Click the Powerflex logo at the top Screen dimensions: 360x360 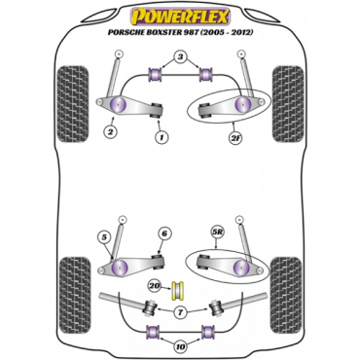tap(180, 18)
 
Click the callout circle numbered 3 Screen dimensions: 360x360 tap(180, 57)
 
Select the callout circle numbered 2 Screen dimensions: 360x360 tap(111, 131)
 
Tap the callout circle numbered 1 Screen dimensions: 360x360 tap(161, 138)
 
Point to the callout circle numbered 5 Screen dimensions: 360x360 tap(105, 237)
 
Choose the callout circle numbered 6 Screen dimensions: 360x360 tap(164, 234)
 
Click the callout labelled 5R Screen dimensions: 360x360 tap(216, 233)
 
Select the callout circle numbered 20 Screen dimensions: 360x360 tap(156, 286)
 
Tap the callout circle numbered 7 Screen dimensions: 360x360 tap(180, 313)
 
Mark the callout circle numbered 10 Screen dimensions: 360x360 tap(181, 347)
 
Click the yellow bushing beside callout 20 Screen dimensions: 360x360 tap(178, 290)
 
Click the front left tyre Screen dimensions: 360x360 tap(72, 104)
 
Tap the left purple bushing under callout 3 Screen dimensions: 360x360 tap(155, 75)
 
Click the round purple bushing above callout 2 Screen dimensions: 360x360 tap(118, 104)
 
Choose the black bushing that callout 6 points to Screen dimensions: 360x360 tap(158, 261)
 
